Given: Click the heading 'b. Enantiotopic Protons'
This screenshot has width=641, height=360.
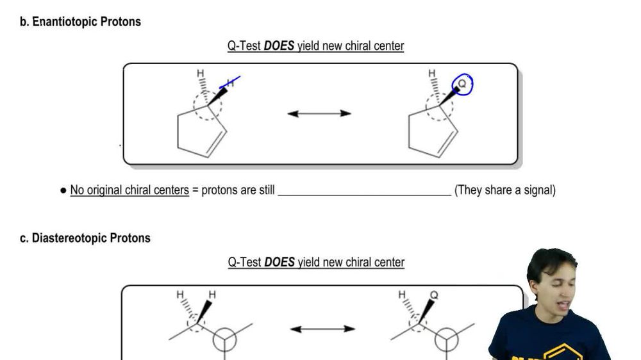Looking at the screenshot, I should [x=80, y=22].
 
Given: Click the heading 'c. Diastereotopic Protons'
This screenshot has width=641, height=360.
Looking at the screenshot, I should [x=85, y=238].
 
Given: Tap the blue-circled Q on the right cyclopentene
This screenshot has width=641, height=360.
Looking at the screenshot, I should [x=463, y=84].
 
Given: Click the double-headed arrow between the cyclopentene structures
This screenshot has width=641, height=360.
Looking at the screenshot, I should [x=319, y=113].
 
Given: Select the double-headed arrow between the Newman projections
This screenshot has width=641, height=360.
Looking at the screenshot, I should [x=322, y=329].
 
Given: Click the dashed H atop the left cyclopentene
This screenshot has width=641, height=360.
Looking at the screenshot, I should [x=200, y=74].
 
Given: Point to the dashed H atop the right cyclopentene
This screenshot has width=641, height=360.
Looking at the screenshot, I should [x=432, y=74].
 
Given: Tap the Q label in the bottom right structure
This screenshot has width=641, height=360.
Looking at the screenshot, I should [x=434, y=295].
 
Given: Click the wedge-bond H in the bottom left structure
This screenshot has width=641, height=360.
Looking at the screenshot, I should [x=212, y=295].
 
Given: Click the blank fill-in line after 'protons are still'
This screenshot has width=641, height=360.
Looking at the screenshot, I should [x=364, y=190].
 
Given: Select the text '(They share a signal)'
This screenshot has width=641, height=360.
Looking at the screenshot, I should [x=504, y=190].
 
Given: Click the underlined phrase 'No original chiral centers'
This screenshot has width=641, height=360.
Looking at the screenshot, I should [x=129, y=190].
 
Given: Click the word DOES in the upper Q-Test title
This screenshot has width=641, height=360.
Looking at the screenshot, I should [x=279, y=46].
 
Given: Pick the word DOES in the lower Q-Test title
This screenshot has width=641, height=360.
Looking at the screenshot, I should [x=279, y=263].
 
